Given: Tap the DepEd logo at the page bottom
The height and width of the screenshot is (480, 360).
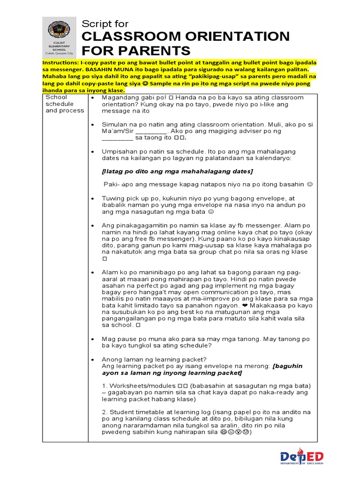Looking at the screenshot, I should [x=302, y=458].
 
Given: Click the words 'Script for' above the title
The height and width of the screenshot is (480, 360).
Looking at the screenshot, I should [x=105, y=24].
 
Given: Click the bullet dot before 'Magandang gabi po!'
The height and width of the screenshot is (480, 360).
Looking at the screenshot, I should [x=93, y=97].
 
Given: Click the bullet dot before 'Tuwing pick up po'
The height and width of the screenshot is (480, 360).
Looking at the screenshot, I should [x=93, y=198].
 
